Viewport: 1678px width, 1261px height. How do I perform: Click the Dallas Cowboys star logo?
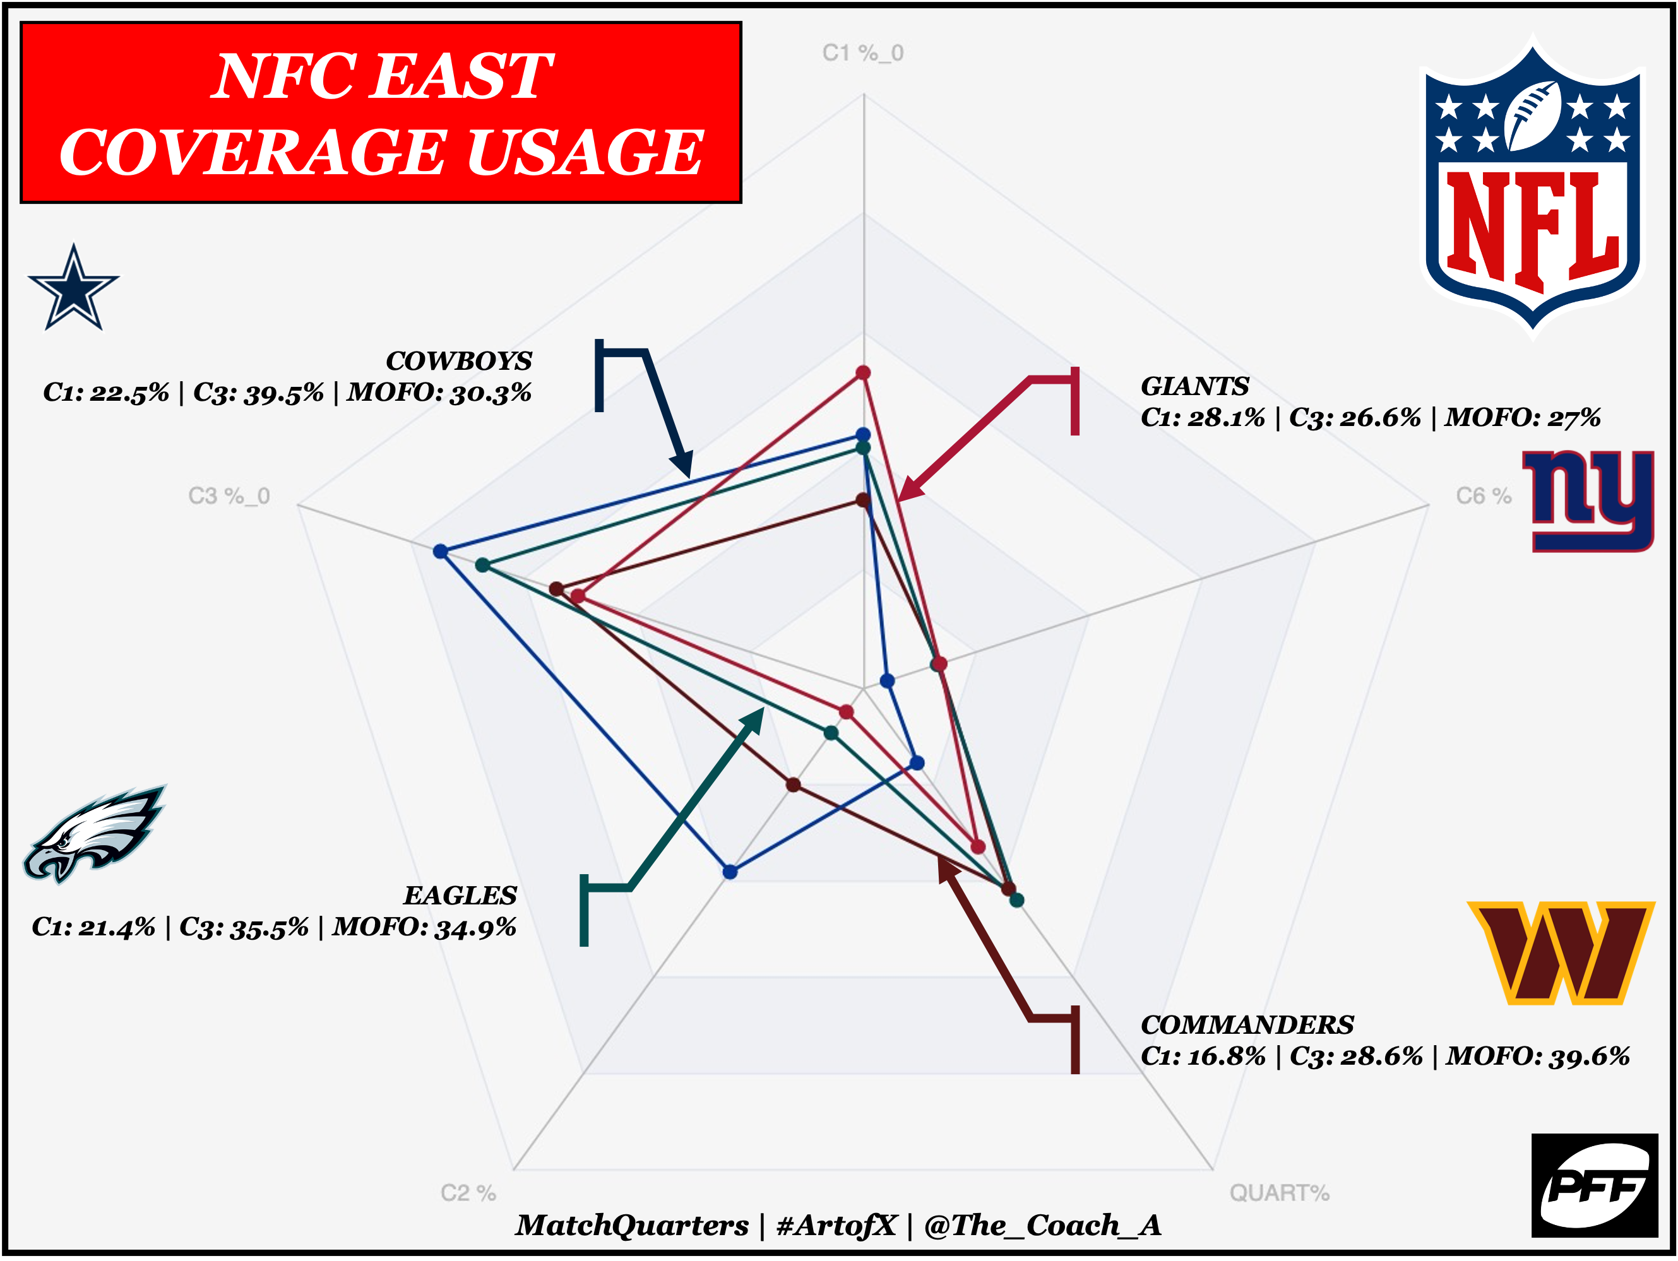[74, 289]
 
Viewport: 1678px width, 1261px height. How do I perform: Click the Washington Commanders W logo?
[1561, 952]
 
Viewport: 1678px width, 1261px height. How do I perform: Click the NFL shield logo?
[1532, 186]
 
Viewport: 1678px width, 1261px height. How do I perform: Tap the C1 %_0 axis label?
[862, 53]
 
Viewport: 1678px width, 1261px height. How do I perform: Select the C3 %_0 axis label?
[229, 496]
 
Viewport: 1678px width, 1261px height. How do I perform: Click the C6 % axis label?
[1483, 496]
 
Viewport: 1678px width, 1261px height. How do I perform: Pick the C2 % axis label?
[468, 1193]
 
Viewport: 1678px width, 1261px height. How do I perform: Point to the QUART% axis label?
[1279, 1193]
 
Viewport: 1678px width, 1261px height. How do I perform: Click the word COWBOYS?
[459, 361]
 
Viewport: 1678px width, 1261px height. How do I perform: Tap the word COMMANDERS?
[1247, 1025]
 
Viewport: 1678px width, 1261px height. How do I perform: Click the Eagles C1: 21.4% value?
[94, 927]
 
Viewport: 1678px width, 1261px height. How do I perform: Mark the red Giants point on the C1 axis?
[862, 372]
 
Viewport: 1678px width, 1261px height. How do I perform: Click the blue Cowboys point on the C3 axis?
[441, 551]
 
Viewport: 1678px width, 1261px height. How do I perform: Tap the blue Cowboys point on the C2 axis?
[730, 872]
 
